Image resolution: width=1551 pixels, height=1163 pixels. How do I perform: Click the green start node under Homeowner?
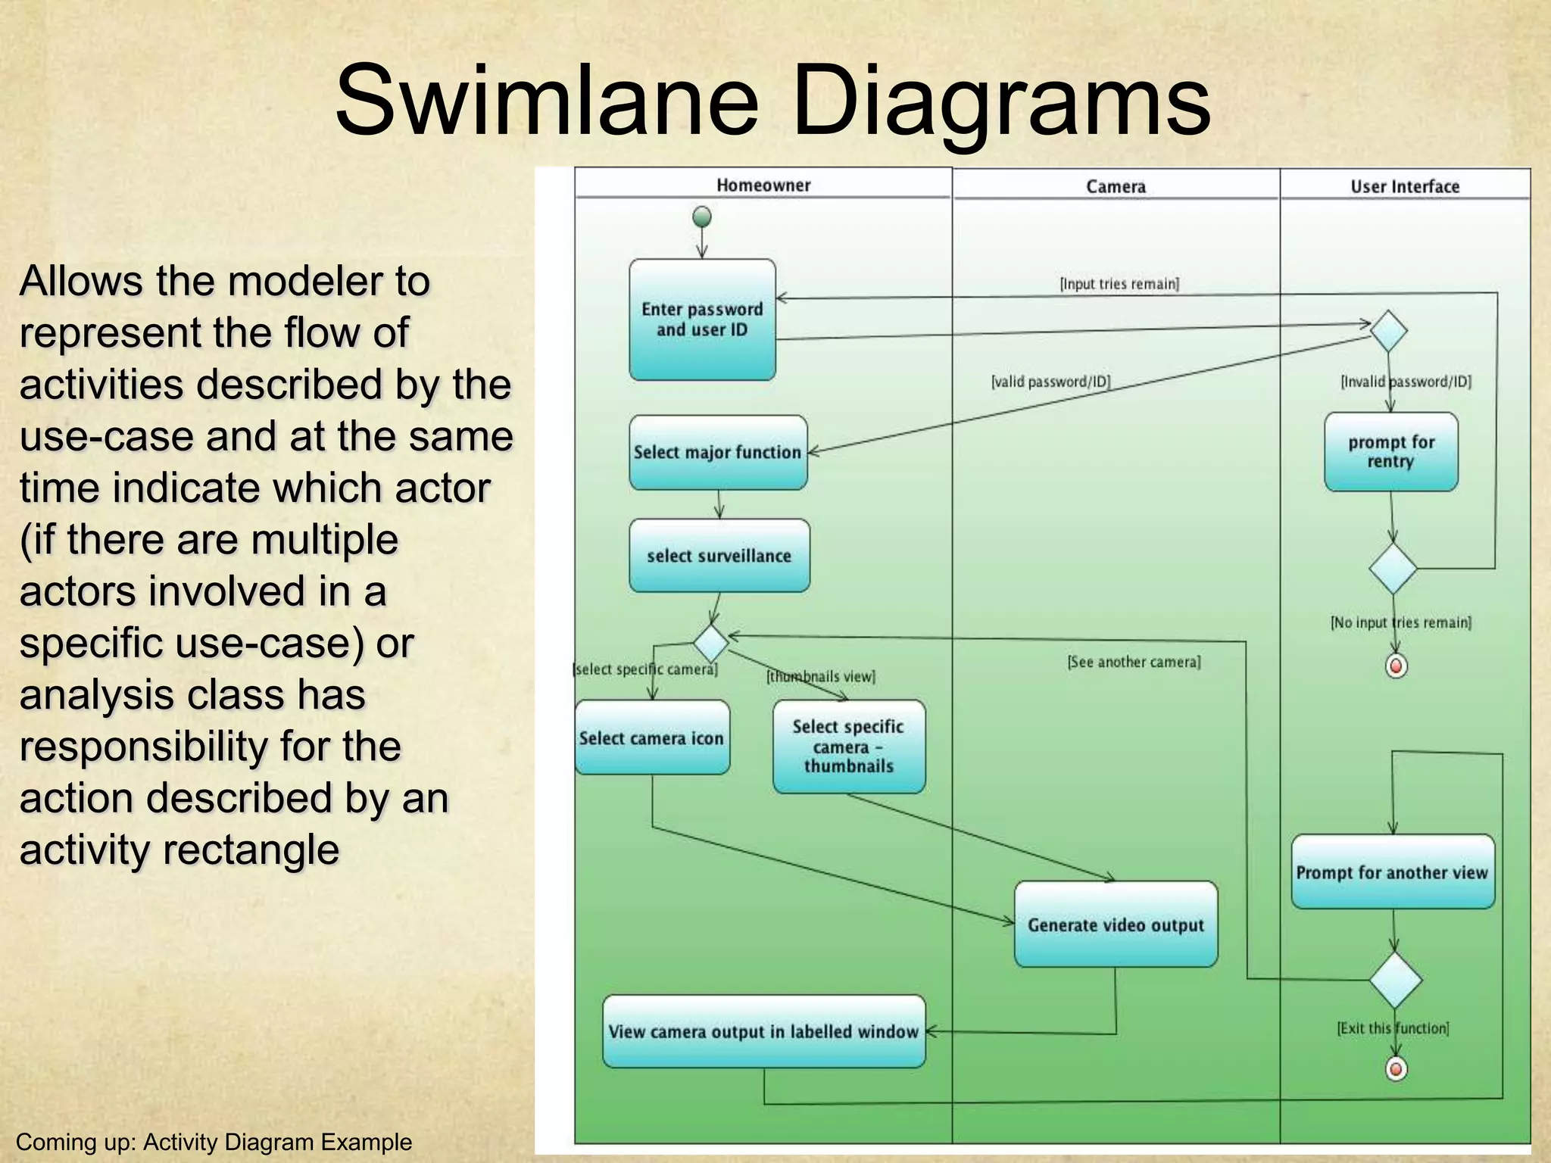[x=702, y=217]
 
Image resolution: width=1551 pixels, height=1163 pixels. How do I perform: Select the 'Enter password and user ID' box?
[x=702, y=320]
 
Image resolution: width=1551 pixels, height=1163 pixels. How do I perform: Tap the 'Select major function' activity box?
[x=718, y=452]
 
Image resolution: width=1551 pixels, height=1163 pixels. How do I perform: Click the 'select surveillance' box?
[x=719, y=556]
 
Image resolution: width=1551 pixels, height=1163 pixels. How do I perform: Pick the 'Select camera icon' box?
[x=652, y=737]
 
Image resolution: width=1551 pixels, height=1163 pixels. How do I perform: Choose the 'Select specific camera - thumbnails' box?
[x=848, y=747]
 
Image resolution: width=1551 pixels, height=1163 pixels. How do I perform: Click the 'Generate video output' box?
[x=1116, y=924]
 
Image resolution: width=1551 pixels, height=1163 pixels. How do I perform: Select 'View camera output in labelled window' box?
[x=763, y=1031]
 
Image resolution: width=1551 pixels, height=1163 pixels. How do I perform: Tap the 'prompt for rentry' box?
[x=1391, y=452]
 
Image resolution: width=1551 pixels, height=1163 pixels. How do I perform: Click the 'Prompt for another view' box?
[x=1392, y=872]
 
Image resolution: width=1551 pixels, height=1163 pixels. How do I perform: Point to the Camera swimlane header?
[x=1116, y=186]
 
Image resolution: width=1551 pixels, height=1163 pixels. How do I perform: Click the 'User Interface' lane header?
[x=1405, y=186]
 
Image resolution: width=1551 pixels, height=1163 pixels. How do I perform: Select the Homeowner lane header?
[x=763, y=186]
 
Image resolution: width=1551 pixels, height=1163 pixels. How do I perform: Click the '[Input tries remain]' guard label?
[x=1119, y=284]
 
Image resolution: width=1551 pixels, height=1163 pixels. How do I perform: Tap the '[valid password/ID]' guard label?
[x=1050, y=382]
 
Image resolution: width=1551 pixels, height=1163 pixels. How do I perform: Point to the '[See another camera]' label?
[x=1134, y=662]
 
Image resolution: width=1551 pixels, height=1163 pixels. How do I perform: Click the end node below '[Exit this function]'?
[x=1396, y=1069]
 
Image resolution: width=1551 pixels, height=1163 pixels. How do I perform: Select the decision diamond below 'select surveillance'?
[x=710, y=643]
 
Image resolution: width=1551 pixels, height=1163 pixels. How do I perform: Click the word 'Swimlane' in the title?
[x=546, y=102]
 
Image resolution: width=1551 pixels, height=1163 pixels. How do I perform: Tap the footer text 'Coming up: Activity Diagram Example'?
[x=214, y=1142]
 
